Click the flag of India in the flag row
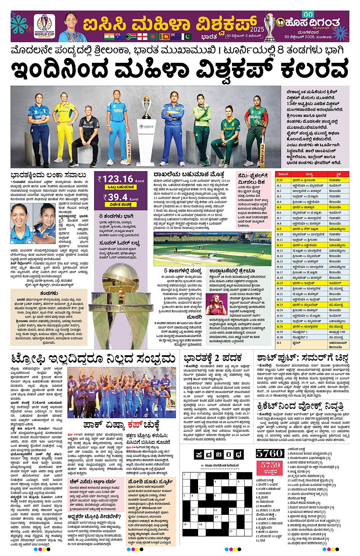point(109,37)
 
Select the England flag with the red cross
point(142,37)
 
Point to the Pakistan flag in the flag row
point(187,37)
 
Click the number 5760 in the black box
point(270,453)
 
